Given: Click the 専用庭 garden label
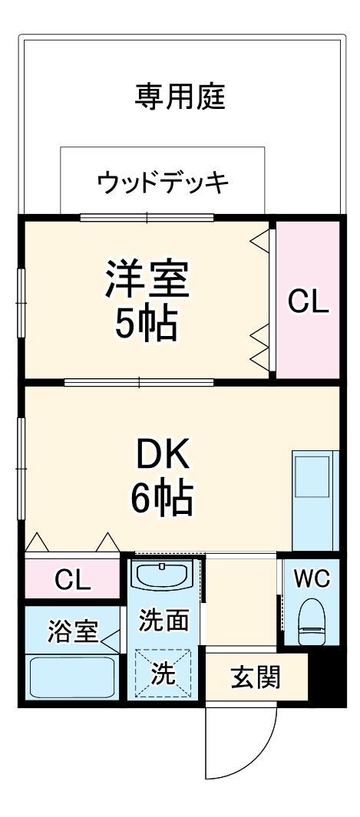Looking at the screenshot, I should (180, 98).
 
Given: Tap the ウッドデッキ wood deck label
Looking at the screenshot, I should (163, 183).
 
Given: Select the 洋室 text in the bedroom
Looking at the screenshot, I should (147, 279).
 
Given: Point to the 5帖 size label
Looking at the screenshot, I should (147, 324).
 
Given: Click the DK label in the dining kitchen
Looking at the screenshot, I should (162, 458).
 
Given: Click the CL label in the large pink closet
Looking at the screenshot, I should (308, 302).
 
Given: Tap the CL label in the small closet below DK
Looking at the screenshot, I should (72, 580).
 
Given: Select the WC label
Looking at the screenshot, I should (311, 578).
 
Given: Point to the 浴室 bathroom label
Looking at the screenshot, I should (72, 632).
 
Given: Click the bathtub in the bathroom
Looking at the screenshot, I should (72, 677).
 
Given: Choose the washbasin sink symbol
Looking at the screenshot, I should (163, 575).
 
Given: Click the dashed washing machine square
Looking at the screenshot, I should (163, 674).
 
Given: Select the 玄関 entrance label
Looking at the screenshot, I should (256, 677).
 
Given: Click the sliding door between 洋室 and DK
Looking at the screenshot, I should (139, 381).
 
